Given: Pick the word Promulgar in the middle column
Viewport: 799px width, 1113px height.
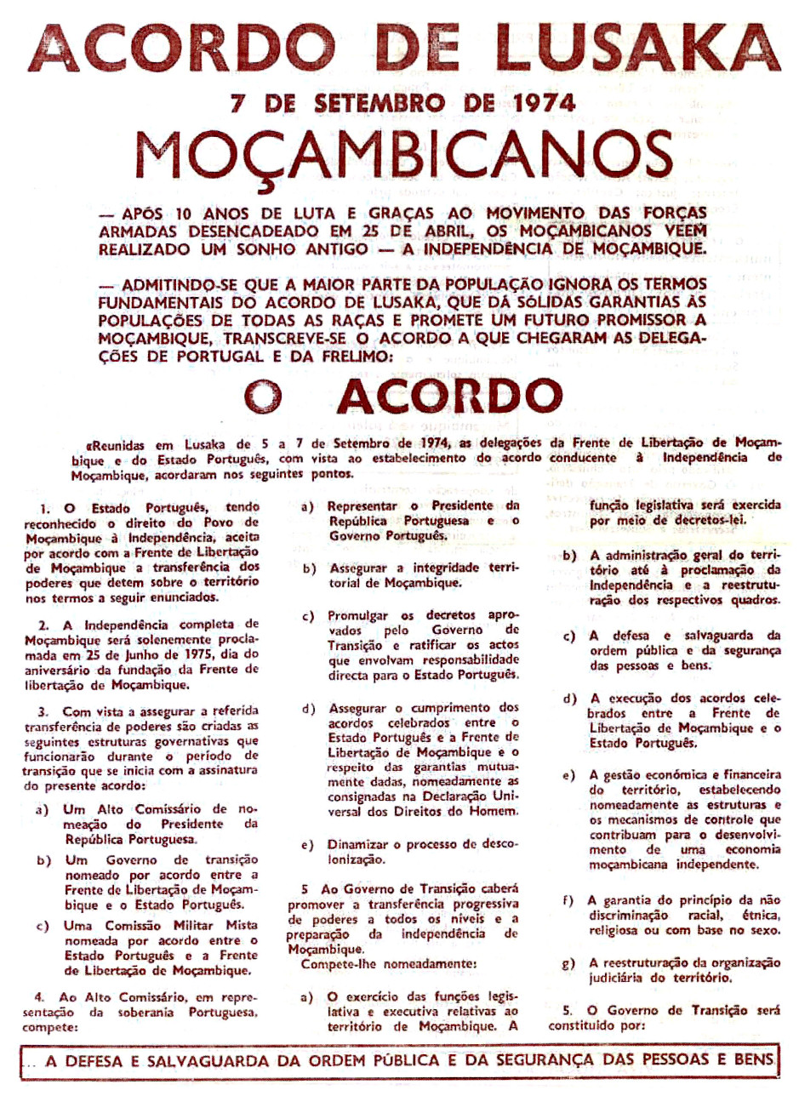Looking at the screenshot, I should point(358,615).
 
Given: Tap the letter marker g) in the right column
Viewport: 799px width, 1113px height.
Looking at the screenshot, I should point(568,963).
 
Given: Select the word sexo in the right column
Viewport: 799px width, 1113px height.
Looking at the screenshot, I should point(764,930).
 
